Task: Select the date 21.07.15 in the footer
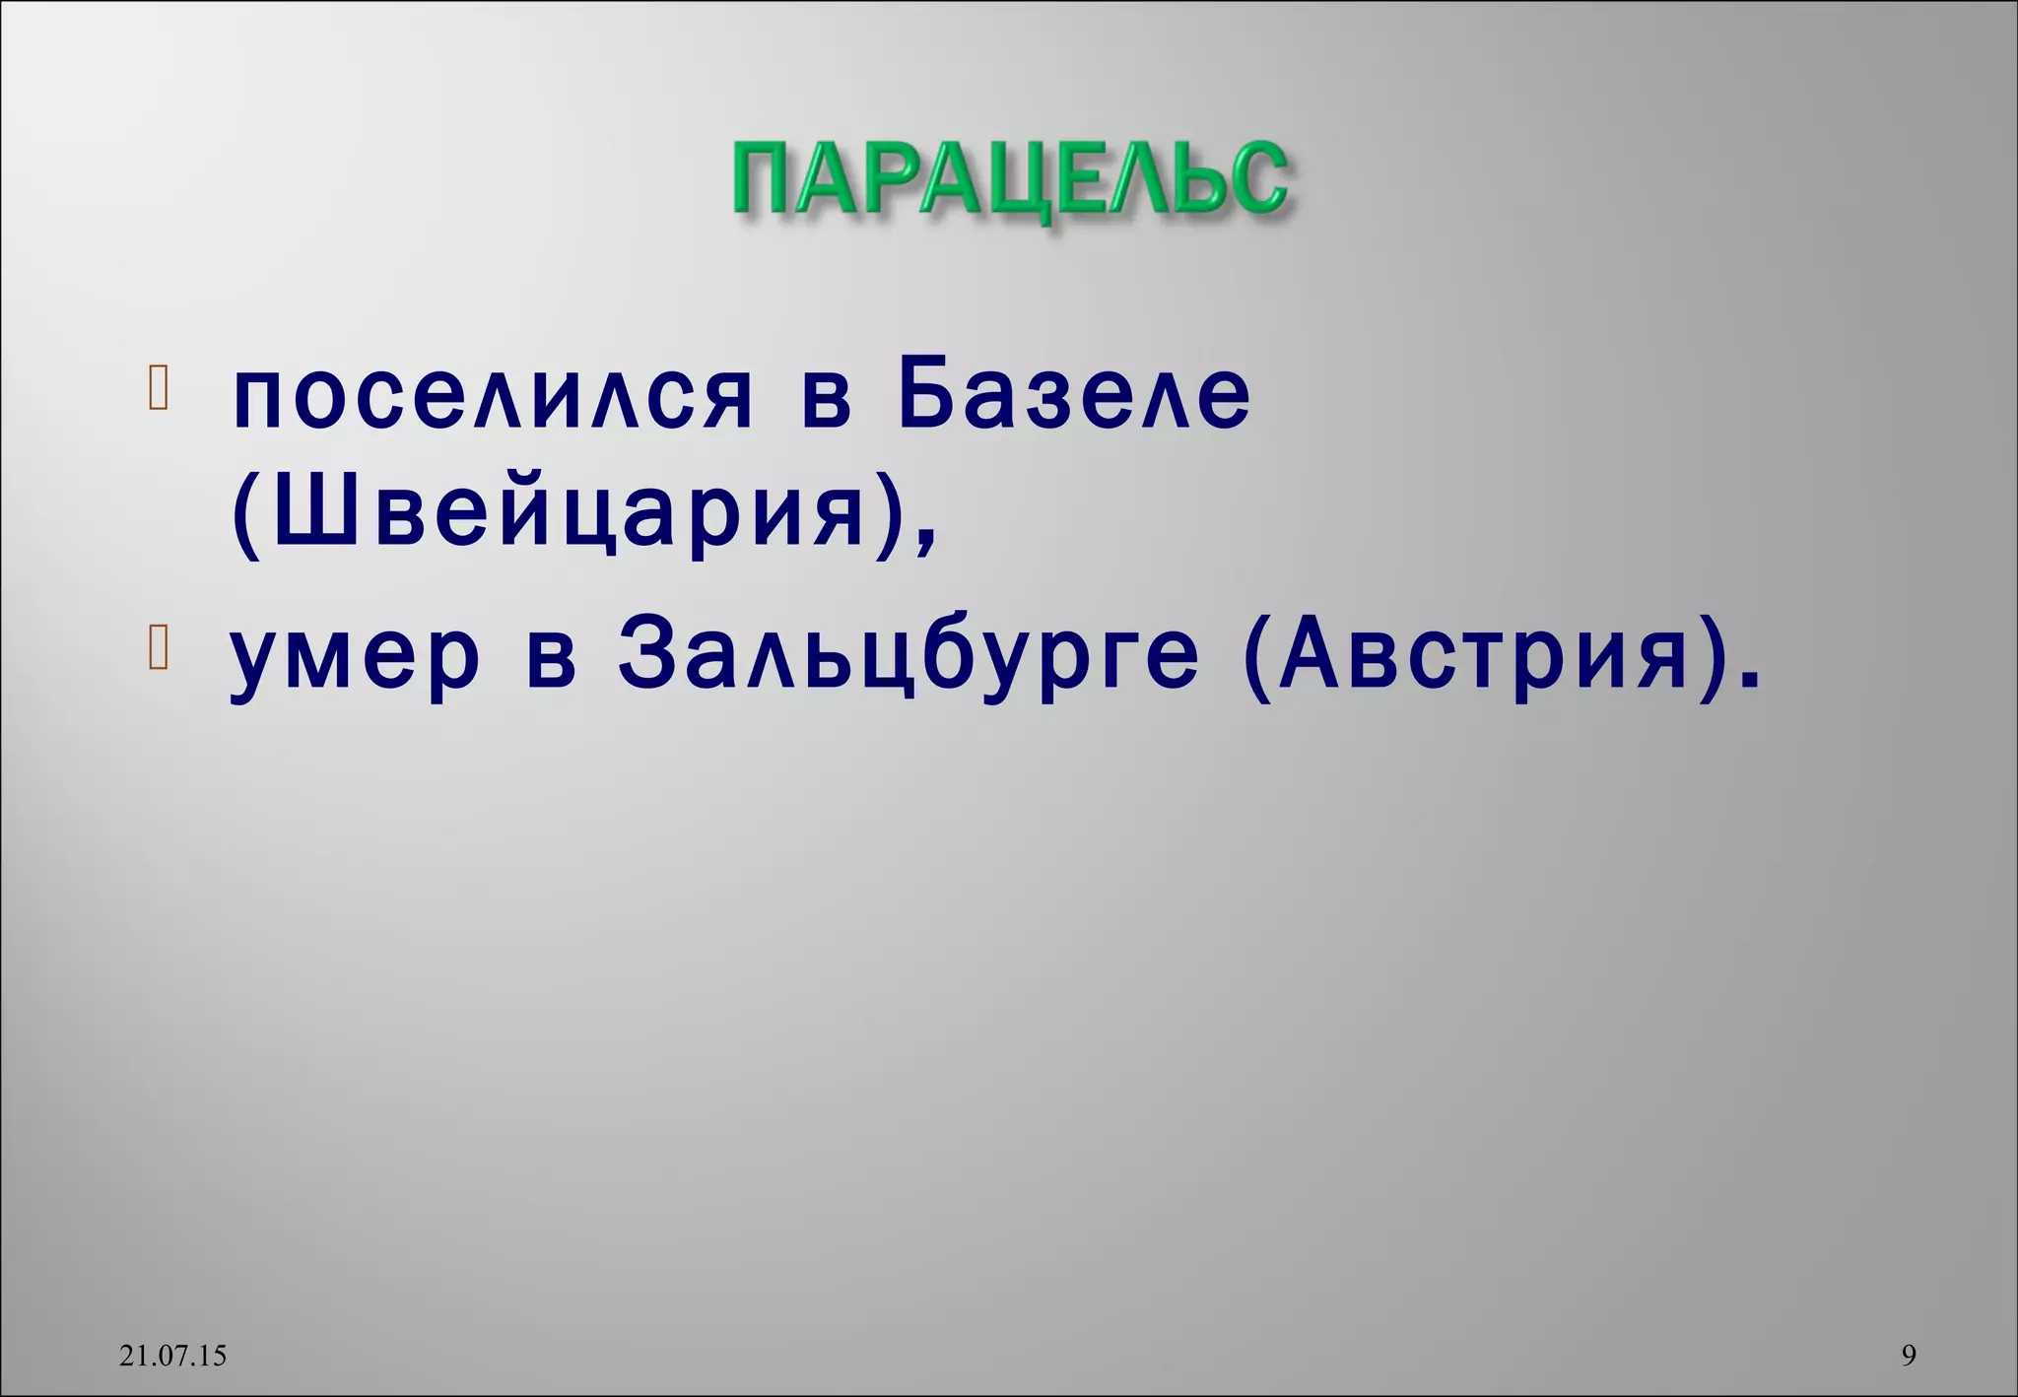pyautogui.click(x=172, y=1356)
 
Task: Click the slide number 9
pyautogui.click(x=1909, y=1356)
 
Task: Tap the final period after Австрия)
pyautogui.click(x=1750, y=680)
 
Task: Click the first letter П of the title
pyautogui.click(x=763, y=179)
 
